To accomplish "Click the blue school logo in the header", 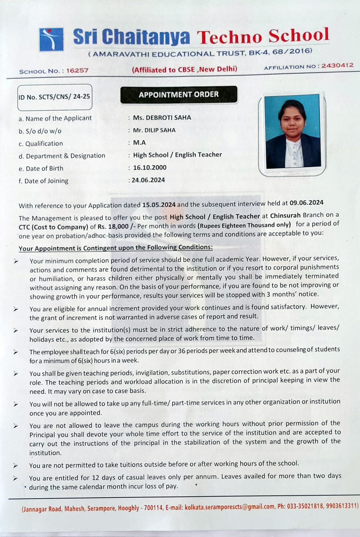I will tap(51, 39).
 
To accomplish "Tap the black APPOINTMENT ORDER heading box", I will tap(179, 95).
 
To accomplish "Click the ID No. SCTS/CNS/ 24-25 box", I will tap(54, 97).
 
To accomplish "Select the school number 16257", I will tap(77, 70).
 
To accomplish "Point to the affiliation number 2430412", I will tap(337, 65).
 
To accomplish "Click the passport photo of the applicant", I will tap(292, 132).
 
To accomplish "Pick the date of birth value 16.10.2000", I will tap(150, 168).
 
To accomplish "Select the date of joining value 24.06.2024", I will tap(148, 180).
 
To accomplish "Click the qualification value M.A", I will tap(139, 143).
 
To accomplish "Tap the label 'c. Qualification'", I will tap(41, 144).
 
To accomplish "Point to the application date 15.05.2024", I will tap(159, 205).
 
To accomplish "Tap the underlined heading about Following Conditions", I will tap(115, 248).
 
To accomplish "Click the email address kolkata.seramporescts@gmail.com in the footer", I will tap(230, 507).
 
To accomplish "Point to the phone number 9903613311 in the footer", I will tap(341, 506).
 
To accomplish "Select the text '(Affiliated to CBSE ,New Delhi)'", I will tap(184, 69).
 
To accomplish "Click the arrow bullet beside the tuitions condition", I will tap(15, 466).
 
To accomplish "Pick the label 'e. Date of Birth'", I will tap(41, 169).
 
